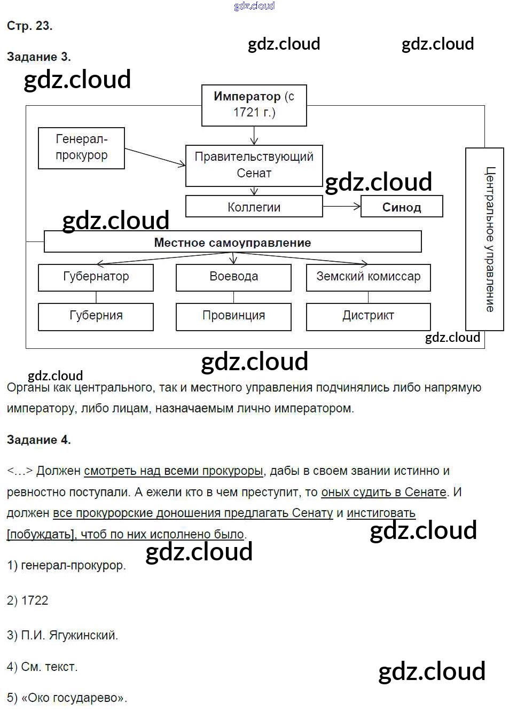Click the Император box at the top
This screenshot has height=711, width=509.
pos(254,105)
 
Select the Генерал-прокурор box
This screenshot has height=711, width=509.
pos(81,148)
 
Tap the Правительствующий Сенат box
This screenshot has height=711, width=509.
pos(254,165)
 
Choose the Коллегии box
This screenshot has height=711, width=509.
pos(254,207)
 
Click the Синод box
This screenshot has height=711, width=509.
pos(402,207)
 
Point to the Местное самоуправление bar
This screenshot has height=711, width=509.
pos(232,242)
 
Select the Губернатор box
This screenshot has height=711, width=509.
pos(96,277)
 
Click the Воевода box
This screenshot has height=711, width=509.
pos(233,277)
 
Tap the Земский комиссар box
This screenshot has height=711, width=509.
pos(368,277)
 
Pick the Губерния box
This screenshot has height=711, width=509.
pos(96,316)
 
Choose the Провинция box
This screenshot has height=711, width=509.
pos(233,316)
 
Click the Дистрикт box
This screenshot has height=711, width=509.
pos(368,316)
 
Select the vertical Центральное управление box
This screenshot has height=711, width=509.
pos(485,239)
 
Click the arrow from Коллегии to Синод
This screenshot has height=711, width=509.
pos(342,206)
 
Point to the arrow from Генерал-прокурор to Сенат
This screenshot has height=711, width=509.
pos(155,158)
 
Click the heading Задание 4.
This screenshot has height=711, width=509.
pos(38,440)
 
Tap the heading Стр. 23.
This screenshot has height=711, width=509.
pos(29,26)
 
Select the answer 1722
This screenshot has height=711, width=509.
pos(34,600)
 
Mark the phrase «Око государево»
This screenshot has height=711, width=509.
pos(74,698)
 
